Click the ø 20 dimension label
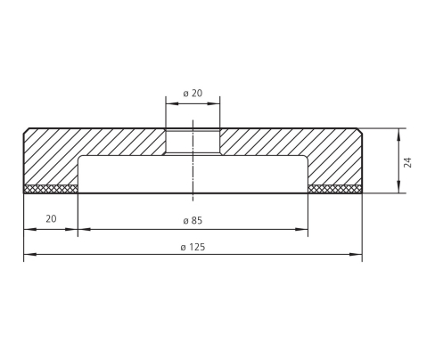(193, 94)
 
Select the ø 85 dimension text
(193, 221)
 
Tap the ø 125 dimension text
(193, 247)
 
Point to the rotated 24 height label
(408, 162)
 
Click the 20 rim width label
(51, 219)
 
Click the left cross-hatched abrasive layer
(51, 189)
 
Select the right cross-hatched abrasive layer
(335, 189)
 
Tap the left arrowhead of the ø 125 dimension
(30, 255)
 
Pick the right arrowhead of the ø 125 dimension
(356, 255)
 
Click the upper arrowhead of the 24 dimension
(398, 135)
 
